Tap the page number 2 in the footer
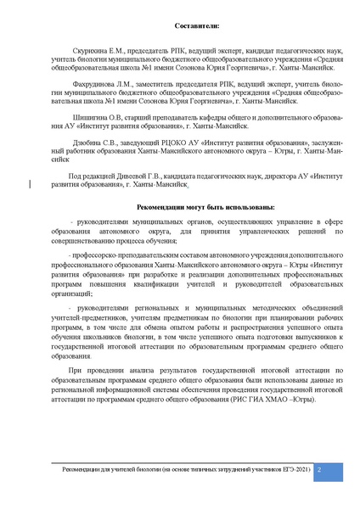point(318,468)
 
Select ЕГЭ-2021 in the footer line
point(286,468)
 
